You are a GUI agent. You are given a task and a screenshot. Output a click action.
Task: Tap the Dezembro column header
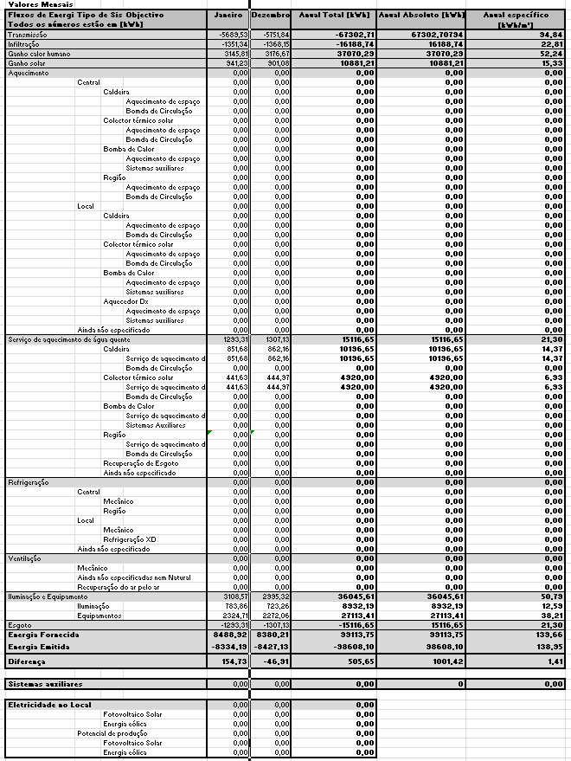pos(271,16)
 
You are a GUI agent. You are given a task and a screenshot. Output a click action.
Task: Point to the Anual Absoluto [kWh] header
pos(420,16)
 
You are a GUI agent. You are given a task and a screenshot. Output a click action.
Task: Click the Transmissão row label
pos(27,34)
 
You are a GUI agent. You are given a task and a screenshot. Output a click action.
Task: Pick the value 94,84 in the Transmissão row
pos(551,34)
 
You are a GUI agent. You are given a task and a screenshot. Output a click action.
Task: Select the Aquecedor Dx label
pos(125,301)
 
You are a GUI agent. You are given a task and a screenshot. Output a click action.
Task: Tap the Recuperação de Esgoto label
pos(140,463)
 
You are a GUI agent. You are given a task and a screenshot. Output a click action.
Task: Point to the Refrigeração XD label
pos(130,539)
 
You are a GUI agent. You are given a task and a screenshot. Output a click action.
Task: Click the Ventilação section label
pos(24,558)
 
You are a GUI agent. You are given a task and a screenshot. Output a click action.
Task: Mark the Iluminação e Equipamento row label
pos(49,597)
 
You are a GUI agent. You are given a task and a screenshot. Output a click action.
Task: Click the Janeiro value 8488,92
pos(232,635)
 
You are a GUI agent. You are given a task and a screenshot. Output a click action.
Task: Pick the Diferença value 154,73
pos(232,661)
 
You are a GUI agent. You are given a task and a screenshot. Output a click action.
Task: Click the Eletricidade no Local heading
pos(49,705)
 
